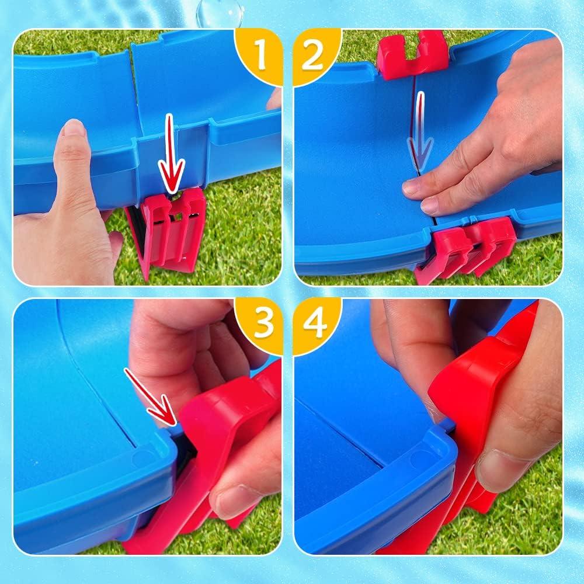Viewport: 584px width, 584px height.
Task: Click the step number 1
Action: coord(260,55)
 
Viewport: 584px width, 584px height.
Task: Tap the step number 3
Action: coord(264,323)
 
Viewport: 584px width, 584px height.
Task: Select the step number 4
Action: coord(315,324)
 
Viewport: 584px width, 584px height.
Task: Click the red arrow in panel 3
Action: coord(150,397)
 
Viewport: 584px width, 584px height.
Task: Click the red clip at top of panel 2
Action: coord(412,54)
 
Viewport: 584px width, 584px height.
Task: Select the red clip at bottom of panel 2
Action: coord(465,249)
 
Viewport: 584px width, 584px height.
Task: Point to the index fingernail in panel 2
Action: coord(412,187)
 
